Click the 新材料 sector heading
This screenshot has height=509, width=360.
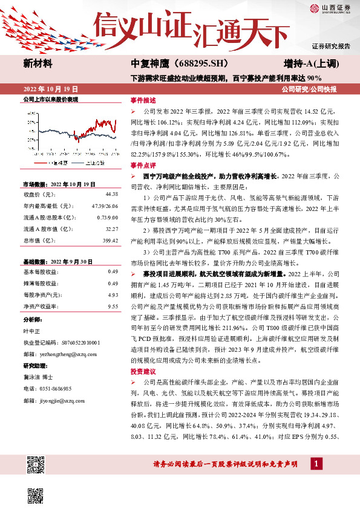pos(38,63)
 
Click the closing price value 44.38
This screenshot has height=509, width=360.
pos(111,194)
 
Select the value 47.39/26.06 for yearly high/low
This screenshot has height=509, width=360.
pos(104,206)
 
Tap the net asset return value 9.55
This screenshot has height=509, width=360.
pos(112,307)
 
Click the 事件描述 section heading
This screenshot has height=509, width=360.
pos(143,101)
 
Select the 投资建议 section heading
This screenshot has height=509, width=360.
pos(143,372)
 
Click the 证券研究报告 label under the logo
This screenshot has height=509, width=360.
pos(332,46)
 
